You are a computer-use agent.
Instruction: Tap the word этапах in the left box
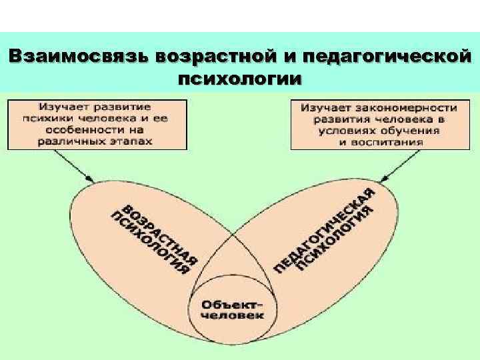tap(132, 141)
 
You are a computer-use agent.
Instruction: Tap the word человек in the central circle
tap(231, 316)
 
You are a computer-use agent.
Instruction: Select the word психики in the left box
tap(61, 118)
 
